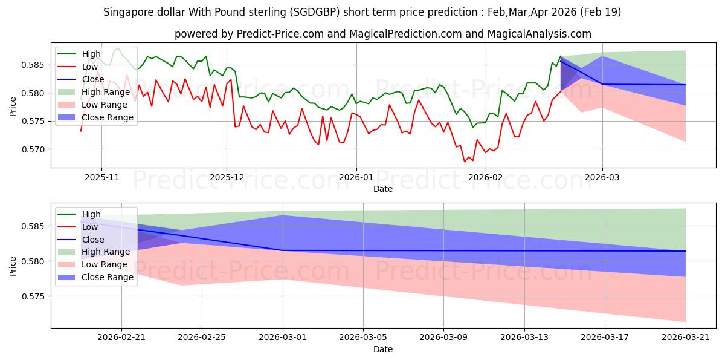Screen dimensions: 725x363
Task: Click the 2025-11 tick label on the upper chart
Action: tap(101, 177)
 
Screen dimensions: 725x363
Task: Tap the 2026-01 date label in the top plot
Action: tap(356, 177)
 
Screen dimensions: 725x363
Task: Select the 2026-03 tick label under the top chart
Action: tap(602, 177)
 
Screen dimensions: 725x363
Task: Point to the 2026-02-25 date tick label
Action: tap(202, 338)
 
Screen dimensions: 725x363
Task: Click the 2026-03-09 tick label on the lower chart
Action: tap(443, 338)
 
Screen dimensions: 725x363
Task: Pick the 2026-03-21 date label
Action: tap(686, 338)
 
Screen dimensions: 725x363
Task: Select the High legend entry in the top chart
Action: tap(79, 54)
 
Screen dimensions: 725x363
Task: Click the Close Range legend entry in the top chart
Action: tap(95, 117)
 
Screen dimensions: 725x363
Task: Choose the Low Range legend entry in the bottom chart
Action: tap(92, 264)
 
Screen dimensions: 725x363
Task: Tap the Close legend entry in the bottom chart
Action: tap(81, 240)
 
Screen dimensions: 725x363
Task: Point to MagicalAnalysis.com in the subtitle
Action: tap(539, 34)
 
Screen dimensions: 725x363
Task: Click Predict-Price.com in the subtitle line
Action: tap(280, 34)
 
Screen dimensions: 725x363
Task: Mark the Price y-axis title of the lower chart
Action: tap(13, 266)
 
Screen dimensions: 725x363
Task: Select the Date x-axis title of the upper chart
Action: tap(383, 189)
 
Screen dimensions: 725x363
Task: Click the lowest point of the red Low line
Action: tap(465, 162)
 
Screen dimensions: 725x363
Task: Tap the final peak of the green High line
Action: tap(561, 56)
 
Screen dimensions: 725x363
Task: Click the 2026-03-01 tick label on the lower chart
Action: tap(283, 338)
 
